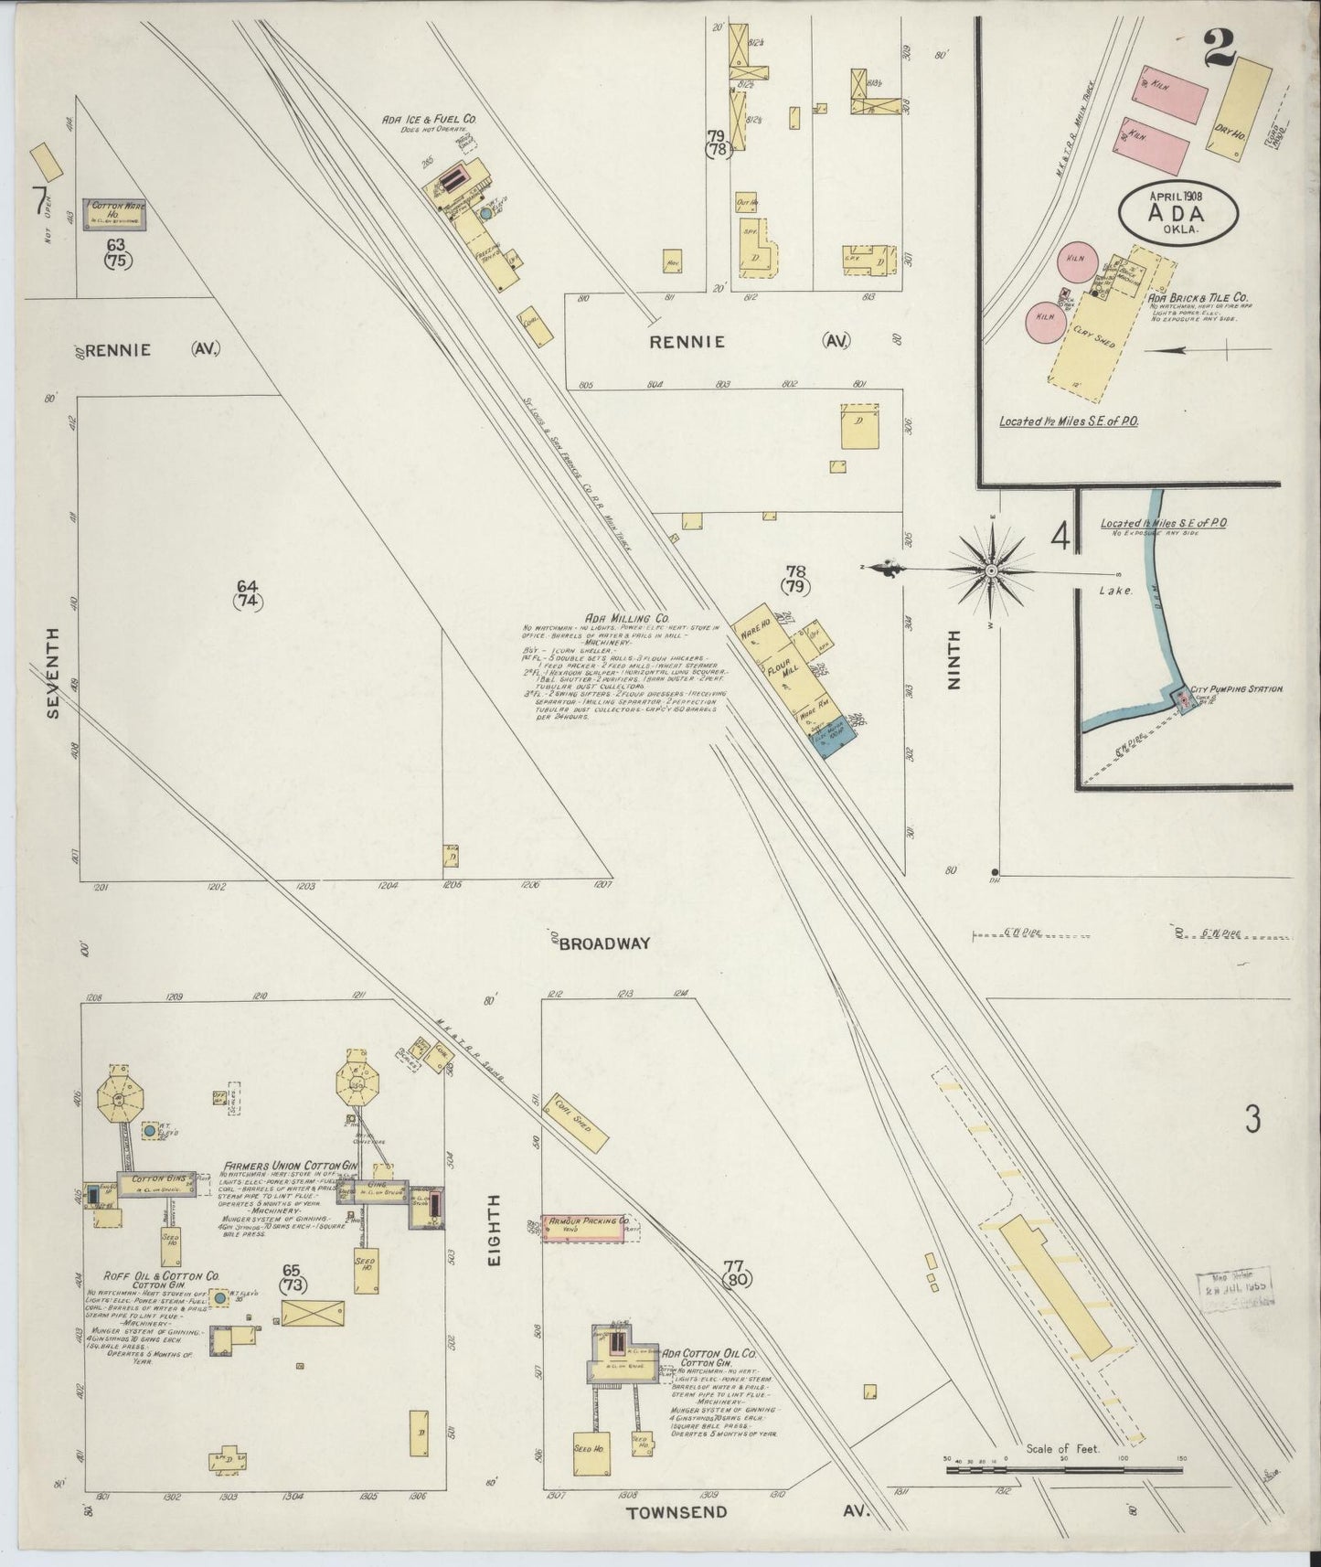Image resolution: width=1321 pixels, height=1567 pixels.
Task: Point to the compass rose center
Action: [x=991, y=570]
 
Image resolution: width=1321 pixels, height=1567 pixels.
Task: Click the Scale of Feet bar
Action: [x=1064, y=1497]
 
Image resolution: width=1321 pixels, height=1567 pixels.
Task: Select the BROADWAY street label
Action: [x=604, y=943]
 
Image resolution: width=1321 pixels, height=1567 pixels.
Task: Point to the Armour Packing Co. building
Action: [x=587, y=1226]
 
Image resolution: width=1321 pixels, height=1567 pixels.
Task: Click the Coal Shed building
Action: [x=580, y=1124]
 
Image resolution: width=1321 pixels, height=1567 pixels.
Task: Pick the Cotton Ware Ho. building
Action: [x=114, y=214]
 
